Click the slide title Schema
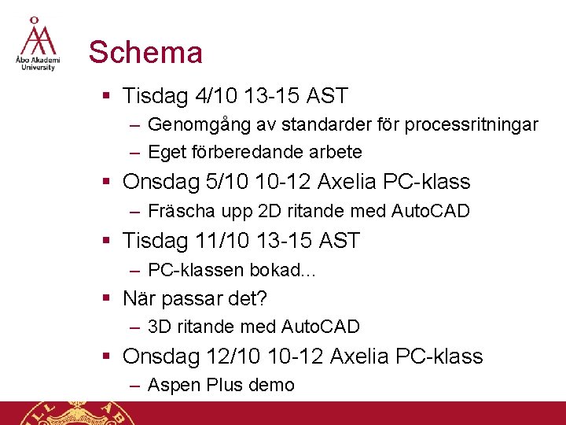[145, 53]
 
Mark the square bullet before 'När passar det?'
[106, 299]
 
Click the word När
[139, 298]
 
